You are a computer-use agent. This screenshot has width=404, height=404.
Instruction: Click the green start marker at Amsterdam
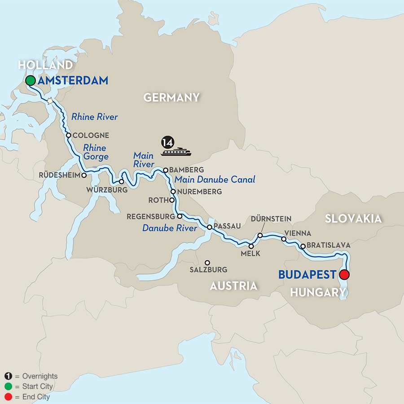coord(31,81)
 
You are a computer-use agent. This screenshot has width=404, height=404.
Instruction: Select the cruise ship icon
coord(176,152)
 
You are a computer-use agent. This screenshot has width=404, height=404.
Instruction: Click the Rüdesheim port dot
coord(84,175)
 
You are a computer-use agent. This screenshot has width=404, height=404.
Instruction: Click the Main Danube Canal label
coord(215,180)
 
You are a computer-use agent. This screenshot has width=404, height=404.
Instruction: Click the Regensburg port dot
coord(180,216)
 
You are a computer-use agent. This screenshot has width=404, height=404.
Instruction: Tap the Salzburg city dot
coord(207,263)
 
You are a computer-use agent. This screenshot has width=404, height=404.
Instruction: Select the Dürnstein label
coord(272,219)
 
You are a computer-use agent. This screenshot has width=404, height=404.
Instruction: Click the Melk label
coord(251,254)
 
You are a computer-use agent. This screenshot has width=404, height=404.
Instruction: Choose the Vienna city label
coord(298,233)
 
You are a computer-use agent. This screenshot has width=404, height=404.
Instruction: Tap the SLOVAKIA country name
coord(354,219)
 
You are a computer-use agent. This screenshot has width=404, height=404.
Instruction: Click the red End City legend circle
coord(8,397)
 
